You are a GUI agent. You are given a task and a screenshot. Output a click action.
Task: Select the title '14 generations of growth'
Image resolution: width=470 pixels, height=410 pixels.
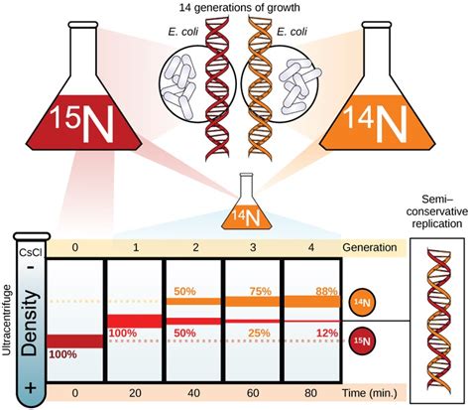coord(234,8)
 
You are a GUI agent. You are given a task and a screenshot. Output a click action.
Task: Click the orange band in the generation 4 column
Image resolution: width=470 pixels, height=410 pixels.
coord(312,302)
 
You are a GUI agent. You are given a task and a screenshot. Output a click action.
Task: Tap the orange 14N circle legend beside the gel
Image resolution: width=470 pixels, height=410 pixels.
coord(365,301)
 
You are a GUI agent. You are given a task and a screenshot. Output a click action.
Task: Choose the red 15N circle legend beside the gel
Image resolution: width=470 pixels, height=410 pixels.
coord(365,342)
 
